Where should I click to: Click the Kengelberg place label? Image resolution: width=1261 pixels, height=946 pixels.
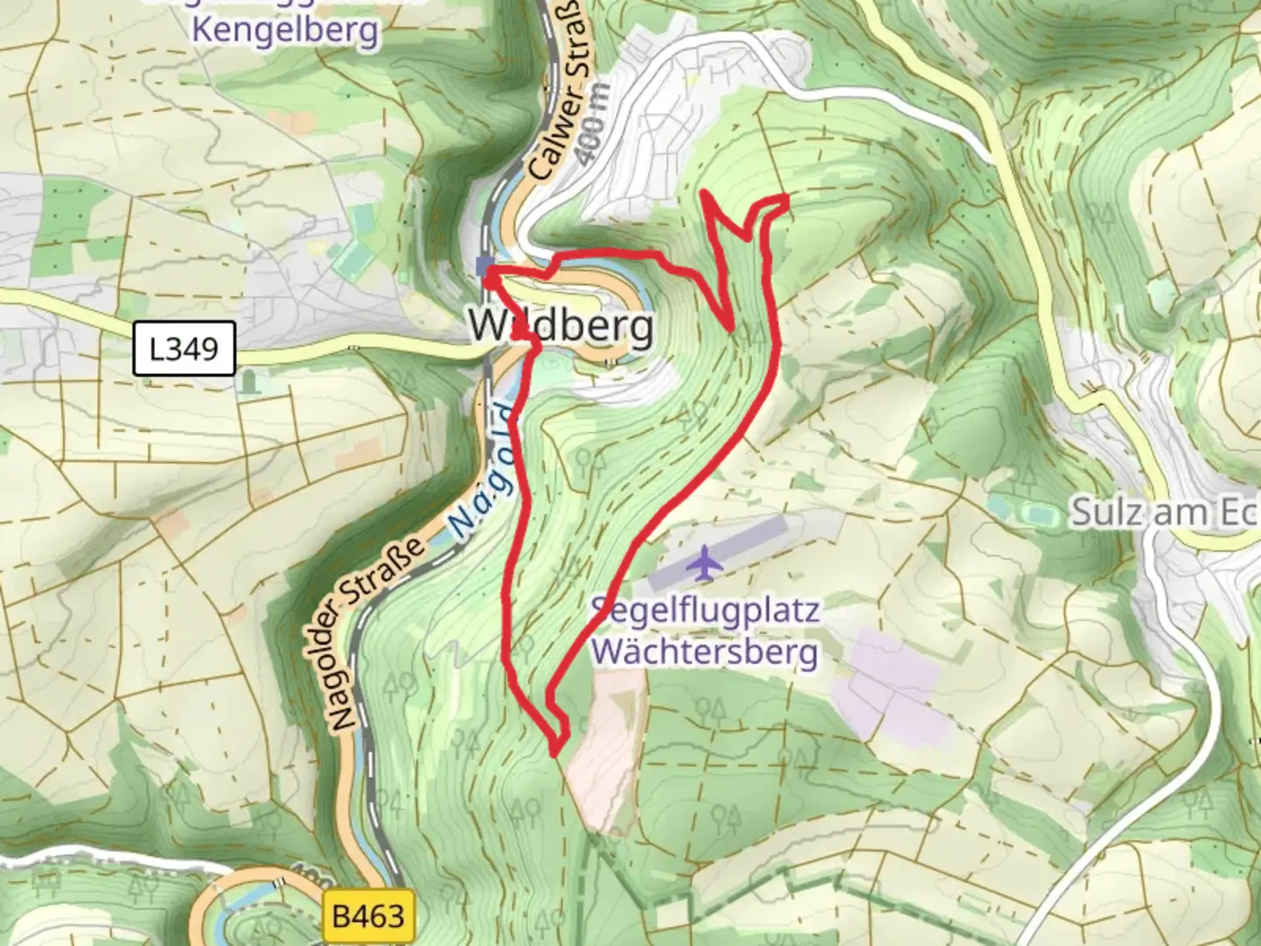[x=285, y=30]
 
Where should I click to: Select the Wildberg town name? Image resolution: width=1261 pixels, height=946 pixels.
[x=560, y=326]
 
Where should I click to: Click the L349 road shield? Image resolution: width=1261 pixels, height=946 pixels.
[x=184, y=349]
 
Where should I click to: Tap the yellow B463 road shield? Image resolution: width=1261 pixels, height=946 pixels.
[x=369, y=917]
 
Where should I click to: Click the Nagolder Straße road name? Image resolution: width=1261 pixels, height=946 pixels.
[x=378, y=631]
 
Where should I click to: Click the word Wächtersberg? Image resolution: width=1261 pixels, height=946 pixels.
[x=705, y=652]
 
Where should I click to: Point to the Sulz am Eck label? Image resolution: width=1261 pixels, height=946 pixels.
[x=1165, y=512]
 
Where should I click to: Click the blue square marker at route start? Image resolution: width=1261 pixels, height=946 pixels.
[x=483, y=266]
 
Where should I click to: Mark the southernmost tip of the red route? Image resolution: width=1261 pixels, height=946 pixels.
[x=555, y=752]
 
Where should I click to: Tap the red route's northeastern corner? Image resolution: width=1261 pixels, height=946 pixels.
[x=785, y=201]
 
